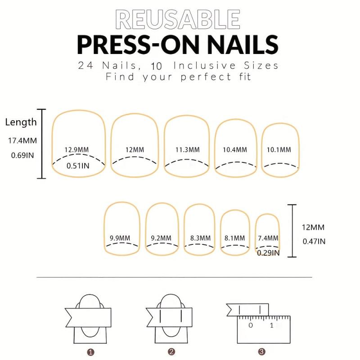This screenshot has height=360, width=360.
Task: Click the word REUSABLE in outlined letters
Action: (177, 19)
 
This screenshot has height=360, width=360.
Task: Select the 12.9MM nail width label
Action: (76, 150)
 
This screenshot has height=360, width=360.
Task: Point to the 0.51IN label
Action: (78, 166)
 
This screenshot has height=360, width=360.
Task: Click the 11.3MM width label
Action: (188, 150)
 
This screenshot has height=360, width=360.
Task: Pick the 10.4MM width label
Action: (235, 150)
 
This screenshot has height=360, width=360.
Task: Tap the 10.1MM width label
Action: (279, 150)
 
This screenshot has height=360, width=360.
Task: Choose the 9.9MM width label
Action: (120, 238)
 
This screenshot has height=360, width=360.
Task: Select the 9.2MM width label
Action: (161, 238)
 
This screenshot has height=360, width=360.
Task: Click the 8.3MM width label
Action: (200, 238)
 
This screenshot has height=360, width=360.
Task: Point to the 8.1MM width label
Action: (234, 238)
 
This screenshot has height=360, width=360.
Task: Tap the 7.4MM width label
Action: (268, 238)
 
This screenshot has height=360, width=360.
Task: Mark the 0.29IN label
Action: (268, 253)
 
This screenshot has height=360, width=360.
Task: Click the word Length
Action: (21, 122)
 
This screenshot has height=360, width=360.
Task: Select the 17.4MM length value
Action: (22, 140)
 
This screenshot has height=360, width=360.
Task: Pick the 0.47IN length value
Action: (314, 241)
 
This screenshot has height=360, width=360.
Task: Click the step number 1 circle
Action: (91, 352)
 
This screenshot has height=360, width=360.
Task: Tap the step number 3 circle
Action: (261, 351)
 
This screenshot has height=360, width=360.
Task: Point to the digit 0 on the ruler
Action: (251, 325)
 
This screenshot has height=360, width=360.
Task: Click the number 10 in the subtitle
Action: (156, 66)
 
